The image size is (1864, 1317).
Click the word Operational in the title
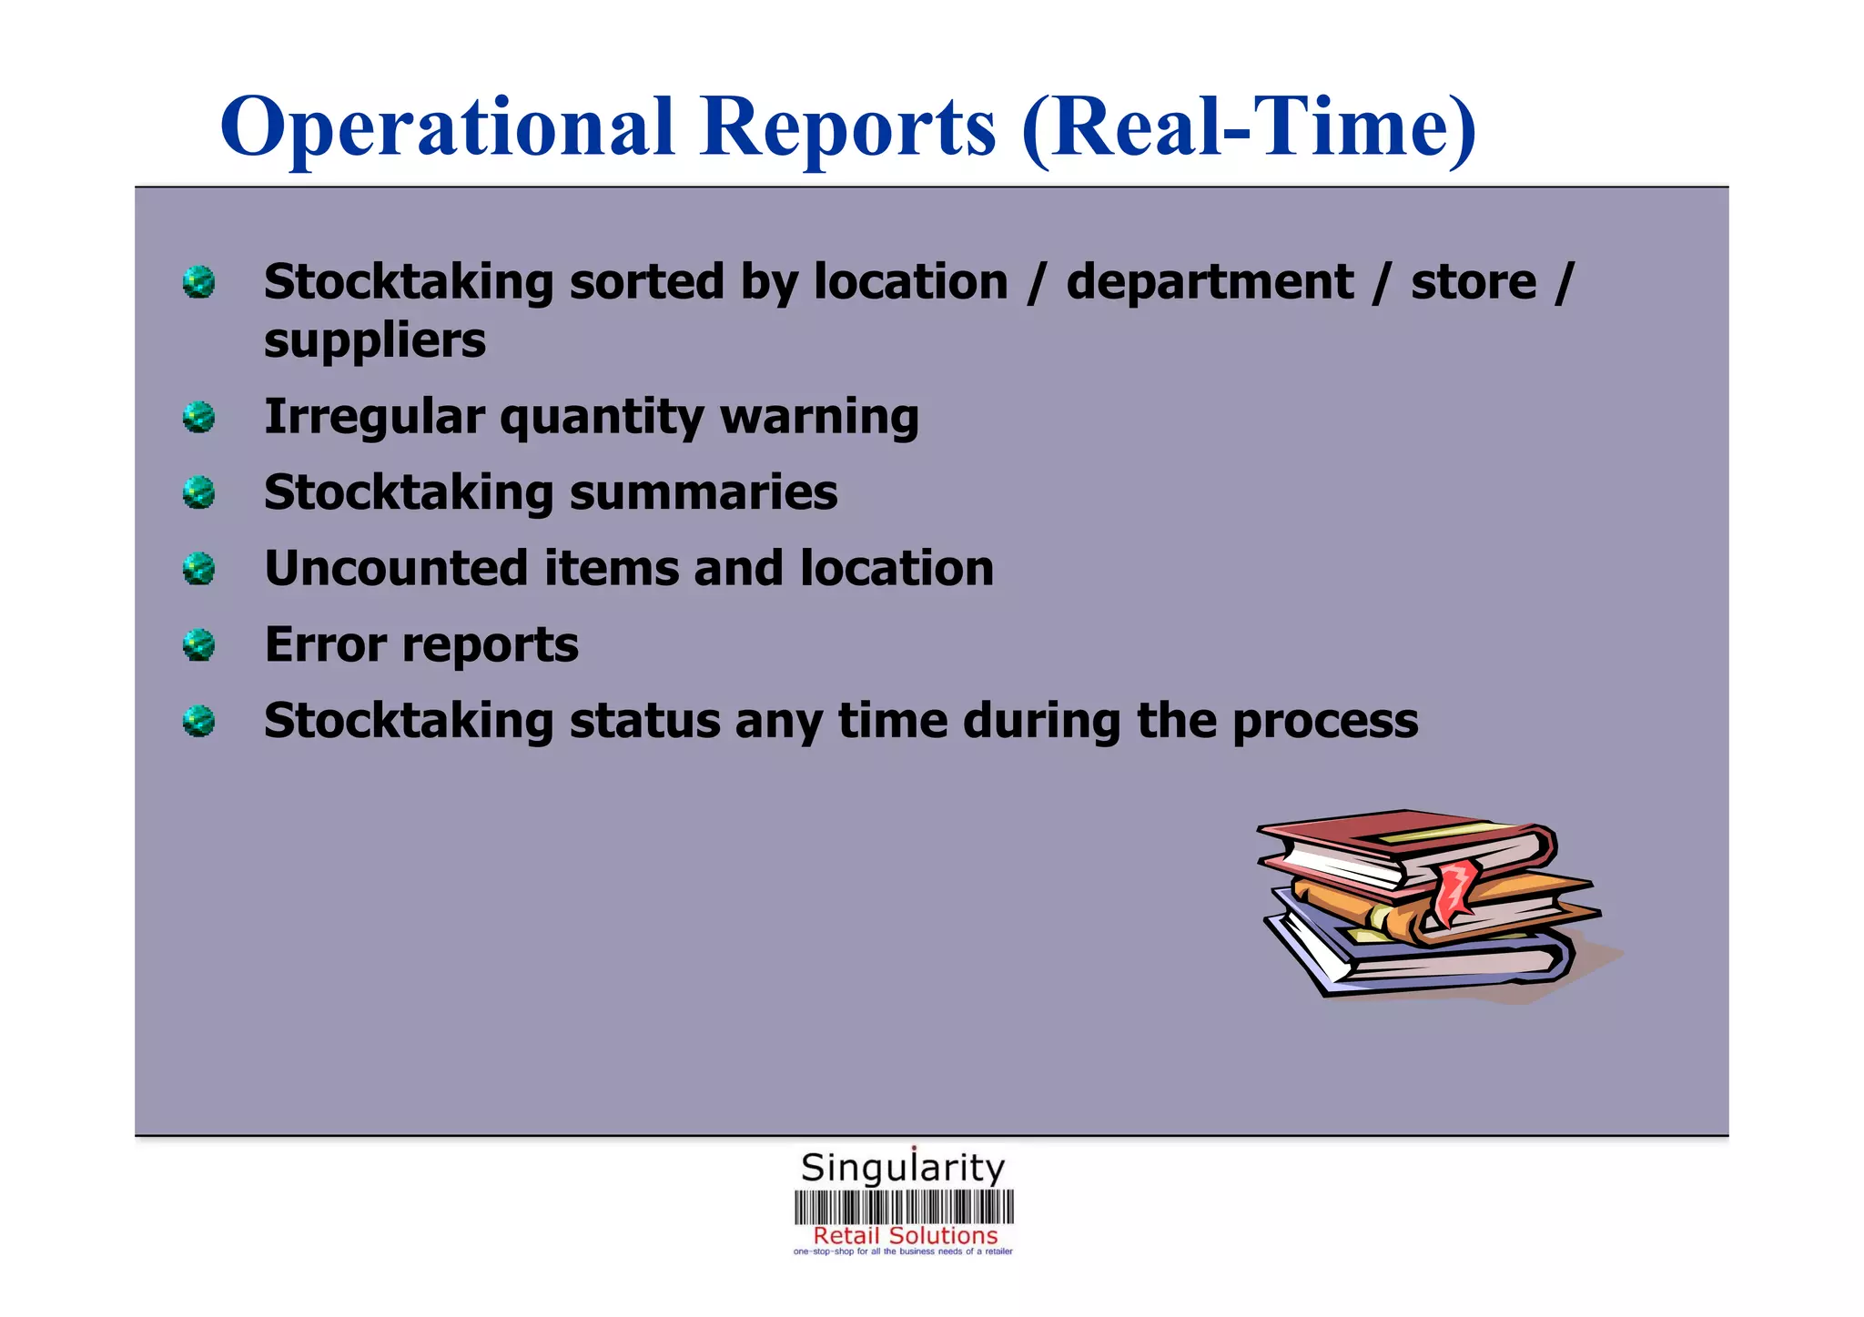click(x=447, y=127)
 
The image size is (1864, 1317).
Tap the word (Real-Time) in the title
click(x=1249, y=127)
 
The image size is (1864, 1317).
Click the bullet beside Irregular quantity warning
click(x=198, y=418)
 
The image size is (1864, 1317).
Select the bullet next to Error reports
click(x=198, y=645)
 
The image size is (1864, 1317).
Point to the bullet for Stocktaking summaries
click(x=198, y=493)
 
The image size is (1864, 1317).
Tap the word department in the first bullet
click(x=1210, y=282)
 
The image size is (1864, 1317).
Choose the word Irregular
click(x=373, y=418)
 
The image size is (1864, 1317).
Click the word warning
click(x=819, y=418)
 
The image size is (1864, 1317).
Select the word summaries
click(x=704, y=493)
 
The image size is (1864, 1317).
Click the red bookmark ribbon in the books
click(x=1454, y=886)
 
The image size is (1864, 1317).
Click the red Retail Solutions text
click(x=906, y=1236)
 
